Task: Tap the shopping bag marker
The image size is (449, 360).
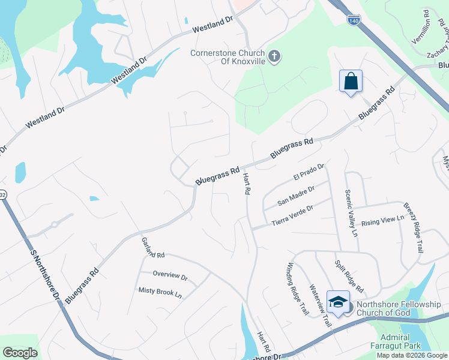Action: [x=351, y=81]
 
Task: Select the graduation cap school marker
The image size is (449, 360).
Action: [x=338, y=302]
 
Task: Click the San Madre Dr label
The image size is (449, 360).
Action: [x=297, y=196]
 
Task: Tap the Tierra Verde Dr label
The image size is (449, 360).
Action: [x=293, y=216]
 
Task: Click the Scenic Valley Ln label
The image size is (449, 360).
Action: [x=351, y=212]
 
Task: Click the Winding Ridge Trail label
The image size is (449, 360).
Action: [x=298, y=289]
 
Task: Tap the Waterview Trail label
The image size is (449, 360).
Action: [x=320, y=305]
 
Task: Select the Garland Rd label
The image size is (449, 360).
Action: [x=154, y=247]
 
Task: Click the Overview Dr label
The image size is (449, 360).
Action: [x=170, y=275]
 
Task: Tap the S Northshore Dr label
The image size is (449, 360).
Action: [x=47, y=274]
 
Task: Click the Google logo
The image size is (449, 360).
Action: [x=20, y=352]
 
